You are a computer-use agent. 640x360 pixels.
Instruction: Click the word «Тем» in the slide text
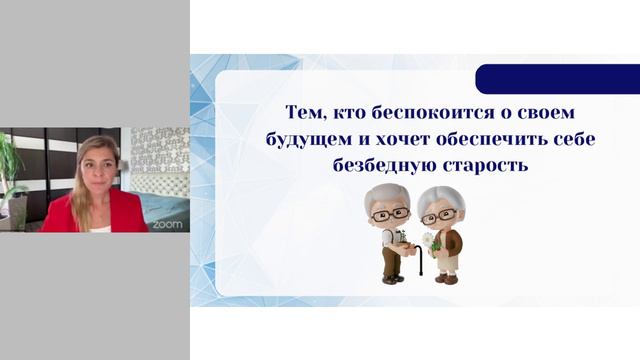307,112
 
